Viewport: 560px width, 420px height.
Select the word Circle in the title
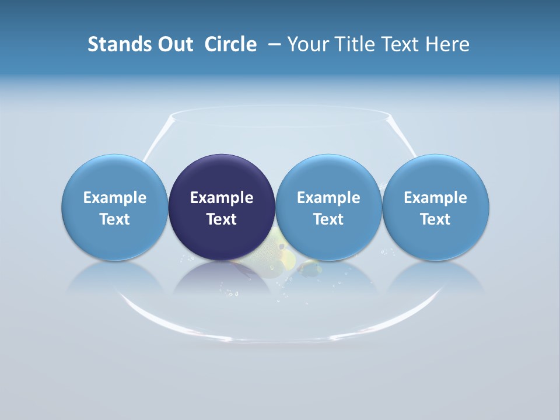230,44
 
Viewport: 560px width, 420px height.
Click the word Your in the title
307,44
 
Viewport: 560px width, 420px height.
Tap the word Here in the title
448,44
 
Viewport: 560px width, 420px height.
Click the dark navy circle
222,175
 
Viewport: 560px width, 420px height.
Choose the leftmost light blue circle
114,175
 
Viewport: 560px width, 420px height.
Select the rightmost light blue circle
436,175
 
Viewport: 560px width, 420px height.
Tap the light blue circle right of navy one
328,175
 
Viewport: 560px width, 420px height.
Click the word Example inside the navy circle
222,198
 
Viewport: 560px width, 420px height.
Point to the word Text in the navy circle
222,219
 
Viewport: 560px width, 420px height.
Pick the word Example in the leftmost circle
114,198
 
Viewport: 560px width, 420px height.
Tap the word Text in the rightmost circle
436,219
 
